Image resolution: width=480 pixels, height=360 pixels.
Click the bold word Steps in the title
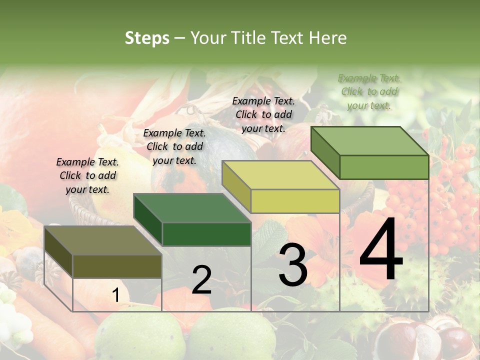147,38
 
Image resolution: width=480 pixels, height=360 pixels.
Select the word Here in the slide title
328,38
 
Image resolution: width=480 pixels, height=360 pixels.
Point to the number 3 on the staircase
293,264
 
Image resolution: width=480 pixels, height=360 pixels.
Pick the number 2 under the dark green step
201,280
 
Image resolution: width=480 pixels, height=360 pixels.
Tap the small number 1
115,295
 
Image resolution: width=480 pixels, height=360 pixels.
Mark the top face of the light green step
370,141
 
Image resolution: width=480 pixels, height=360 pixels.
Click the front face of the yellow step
295,201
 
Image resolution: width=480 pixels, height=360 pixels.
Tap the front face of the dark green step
206,234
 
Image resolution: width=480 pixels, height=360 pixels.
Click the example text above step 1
87,175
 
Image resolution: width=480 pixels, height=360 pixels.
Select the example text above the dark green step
174,146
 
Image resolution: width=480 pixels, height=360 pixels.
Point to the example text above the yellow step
263,114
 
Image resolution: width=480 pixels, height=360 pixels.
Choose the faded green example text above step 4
369,91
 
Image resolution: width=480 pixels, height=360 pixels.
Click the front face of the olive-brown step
117,266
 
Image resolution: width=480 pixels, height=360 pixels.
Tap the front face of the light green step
384,167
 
